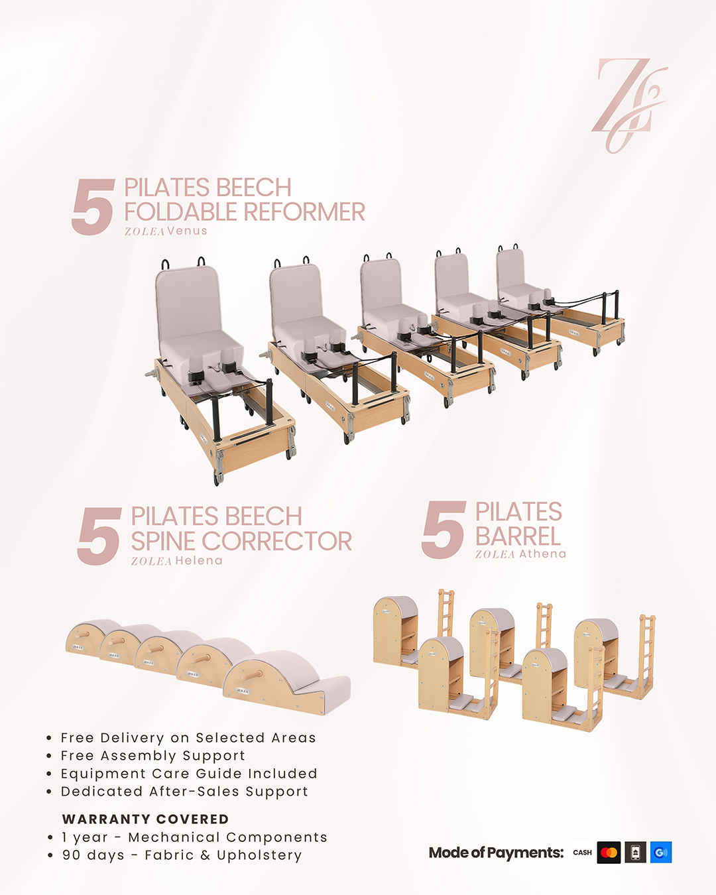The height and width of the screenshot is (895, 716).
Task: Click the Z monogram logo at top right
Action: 628,105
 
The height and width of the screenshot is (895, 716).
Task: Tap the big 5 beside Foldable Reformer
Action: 93,207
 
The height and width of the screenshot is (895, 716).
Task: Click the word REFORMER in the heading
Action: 304,212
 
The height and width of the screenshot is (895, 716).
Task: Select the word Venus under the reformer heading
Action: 187,231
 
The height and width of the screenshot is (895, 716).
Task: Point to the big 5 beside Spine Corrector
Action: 99,536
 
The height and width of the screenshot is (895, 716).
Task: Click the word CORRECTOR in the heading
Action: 276,541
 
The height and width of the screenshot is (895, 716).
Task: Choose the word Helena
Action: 199,561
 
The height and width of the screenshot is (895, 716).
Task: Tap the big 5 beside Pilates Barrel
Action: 444,530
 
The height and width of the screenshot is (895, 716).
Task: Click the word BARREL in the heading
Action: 518,536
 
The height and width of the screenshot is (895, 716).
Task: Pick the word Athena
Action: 542,554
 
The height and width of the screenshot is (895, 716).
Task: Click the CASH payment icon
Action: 582,852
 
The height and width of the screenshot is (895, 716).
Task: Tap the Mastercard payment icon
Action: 609,852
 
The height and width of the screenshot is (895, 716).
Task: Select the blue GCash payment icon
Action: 660,852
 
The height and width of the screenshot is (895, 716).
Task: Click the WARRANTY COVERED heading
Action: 146,819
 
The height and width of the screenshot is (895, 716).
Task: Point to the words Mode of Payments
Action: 497,853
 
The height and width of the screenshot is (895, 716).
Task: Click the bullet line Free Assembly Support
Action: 152,756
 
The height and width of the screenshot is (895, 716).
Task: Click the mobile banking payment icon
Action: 635,852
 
